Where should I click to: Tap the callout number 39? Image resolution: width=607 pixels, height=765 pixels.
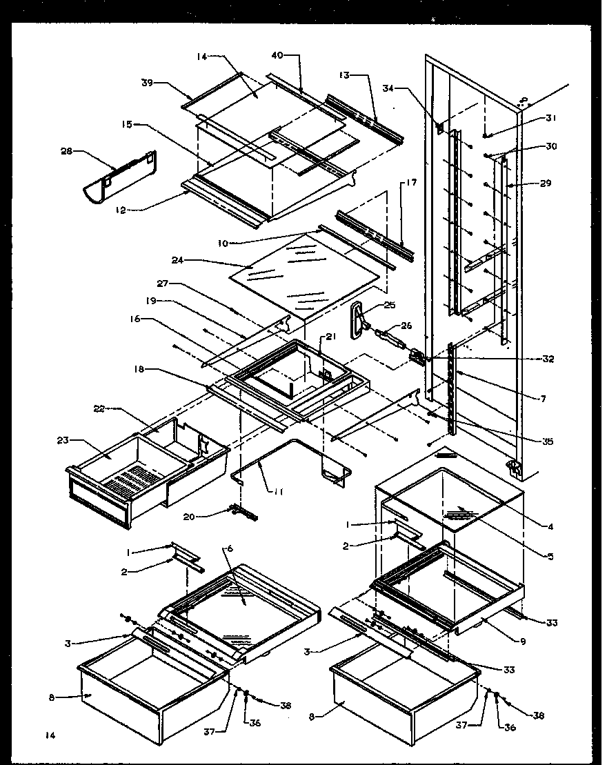[147, 82]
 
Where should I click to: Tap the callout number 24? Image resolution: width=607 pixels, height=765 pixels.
[178, 260]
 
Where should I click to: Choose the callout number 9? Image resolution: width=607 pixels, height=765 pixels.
[523, 642]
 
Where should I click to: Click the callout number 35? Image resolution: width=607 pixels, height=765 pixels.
[547, 441]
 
